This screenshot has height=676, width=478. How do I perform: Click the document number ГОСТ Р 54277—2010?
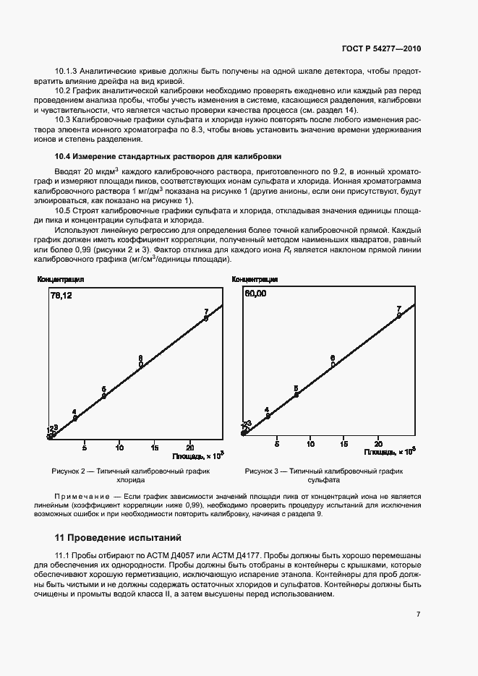(x=381, y=48)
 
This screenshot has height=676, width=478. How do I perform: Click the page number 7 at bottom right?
(x=418, y=614)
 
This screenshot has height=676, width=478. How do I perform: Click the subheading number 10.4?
(x=64, y=156)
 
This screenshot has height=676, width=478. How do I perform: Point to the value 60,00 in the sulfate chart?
(x=255, y=294)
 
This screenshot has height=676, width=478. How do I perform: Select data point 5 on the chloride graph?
(x=104, y=395)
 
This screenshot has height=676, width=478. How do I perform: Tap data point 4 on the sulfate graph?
(x=268, y=416)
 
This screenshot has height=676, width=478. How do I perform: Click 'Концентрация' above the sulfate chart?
(x=255, y=279)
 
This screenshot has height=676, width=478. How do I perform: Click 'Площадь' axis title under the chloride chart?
(x=188, y=456)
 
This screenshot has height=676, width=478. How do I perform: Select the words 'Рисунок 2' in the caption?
(x=69, y=471)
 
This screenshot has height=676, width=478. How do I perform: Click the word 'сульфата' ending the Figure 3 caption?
(x=323, y=480)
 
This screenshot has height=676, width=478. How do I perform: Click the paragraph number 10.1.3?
(x=66, y=72)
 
